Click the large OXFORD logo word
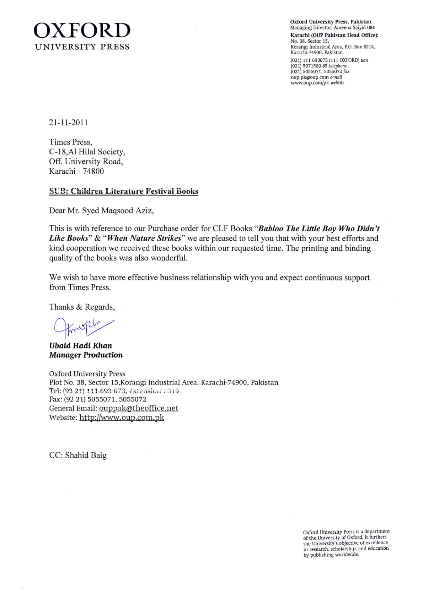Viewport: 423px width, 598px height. [82, 31]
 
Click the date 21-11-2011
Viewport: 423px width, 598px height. [68, 123]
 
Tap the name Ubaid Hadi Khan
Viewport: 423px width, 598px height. [81, 345]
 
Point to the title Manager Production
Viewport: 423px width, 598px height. [86, 355]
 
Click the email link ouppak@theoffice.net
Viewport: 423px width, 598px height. [139, 408]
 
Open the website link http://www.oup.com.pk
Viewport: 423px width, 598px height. [122, 417]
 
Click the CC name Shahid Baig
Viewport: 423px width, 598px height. [86, 455]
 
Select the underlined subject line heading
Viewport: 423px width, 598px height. [124, 191]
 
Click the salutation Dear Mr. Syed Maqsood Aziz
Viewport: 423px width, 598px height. [101, 211]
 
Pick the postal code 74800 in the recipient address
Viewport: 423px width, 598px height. [93, 171]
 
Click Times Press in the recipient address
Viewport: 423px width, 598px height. [70, 142]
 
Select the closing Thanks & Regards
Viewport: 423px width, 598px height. [82, 307]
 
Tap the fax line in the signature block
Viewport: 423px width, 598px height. [98, 399]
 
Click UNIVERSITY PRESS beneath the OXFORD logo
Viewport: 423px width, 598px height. [82, 47]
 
